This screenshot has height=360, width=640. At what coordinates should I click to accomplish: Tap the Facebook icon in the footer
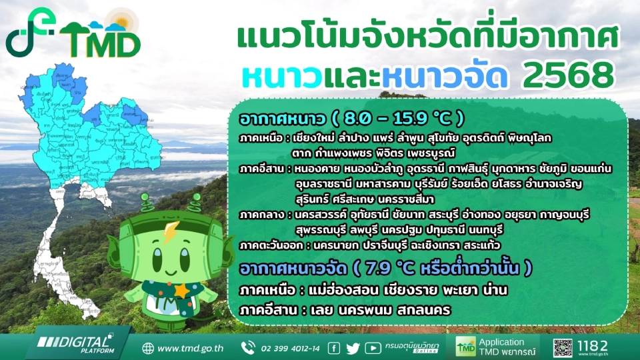pyautogui.click(x=334, y=348)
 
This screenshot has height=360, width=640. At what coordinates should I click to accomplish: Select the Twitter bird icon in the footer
pyautogui.click(x=353, y=348)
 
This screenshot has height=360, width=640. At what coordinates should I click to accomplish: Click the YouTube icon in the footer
pyautogui.click(x=373, y=348)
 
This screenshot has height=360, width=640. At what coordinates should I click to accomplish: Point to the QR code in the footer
pyautogui.click(x=563, y=347)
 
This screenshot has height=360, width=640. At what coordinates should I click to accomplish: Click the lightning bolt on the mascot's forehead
pyautogui.click(x=168, y=234)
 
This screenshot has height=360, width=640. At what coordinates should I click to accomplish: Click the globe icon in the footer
pyautogui.click(x=148, y=348)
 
